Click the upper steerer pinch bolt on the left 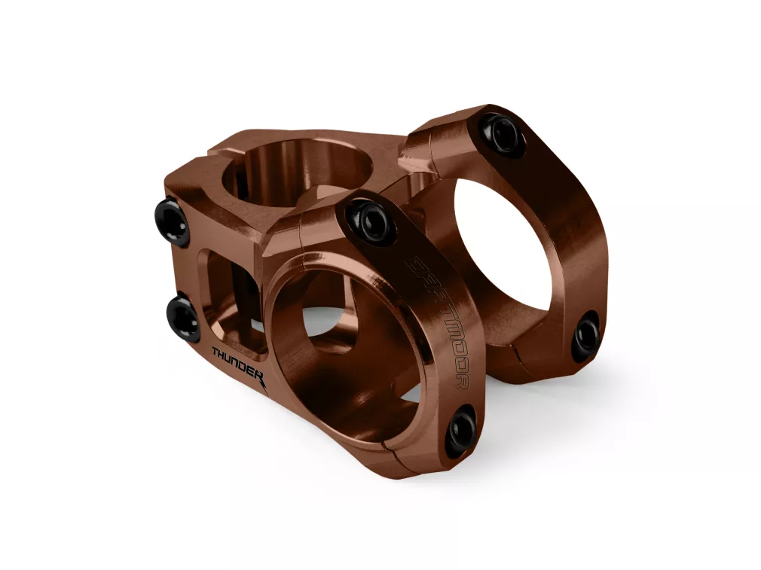174,221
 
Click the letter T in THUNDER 216,352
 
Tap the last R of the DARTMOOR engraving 463,381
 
